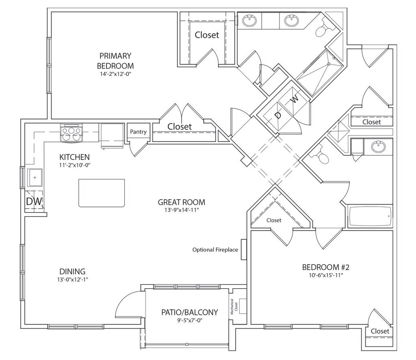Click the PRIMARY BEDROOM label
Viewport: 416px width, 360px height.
point(115,60)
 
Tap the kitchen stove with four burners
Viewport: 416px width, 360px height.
point(71,134)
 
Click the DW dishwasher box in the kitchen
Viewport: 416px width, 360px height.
point(35,201)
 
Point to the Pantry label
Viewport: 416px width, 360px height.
point(138,132)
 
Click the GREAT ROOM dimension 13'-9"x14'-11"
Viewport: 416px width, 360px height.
point(181,210)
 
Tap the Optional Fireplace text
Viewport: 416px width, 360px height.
point(215,250)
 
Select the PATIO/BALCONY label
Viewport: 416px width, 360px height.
point(189,313)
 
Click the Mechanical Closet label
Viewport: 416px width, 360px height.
point(233,307)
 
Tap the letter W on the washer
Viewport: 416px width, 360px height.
point(295,99)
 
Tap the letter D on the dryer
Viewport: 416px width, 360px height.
point(278,115)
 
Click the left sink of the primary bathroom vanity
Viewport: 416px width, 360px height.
point(249,20)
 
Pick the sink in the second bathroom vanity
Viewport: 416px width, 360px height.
point(379,147)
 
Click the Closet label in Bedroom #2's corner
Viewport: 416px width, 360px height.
point(380,331)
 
